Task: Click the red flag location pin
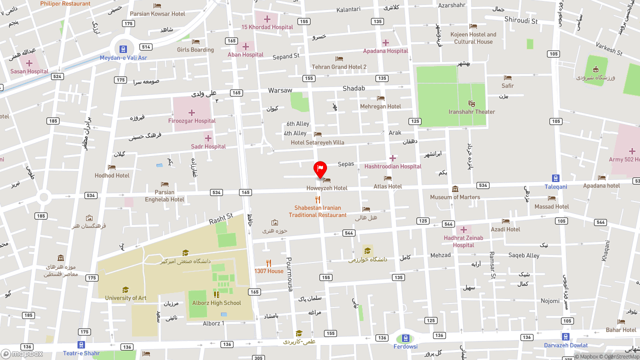pos(320,169)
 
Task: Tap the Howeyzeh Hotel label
pos(326,188)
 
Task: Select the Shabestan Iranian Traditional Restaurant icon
pos(317,199)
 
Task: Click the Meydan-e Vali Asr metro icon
pos(122,49)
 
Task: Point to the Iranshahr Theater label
pos(471,112)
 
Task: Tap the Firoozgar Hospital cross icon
pos(191,112)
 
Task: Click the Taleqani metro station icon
pos(555,178)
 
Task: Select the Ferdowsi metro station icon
pos(405,338)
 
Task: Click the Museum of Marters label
pos(455,197)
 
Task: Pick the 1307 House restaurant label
pos(268,271)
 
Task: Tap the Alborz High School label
pos(216,303)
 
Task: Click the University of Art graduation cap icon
pos(125,289)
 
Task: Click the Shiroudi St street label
pos(521,21)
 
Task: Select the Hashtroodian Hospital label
pos(392,166)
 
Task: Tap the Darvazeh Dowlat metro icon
pos(565,336)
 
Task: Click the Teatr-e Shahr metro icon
pos(81,344)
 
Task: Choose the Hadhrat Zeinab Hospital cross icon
pos(463,229)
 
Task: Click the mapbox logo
pos(21,353)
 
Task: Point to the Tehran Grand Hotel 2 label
pos(339,67)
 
